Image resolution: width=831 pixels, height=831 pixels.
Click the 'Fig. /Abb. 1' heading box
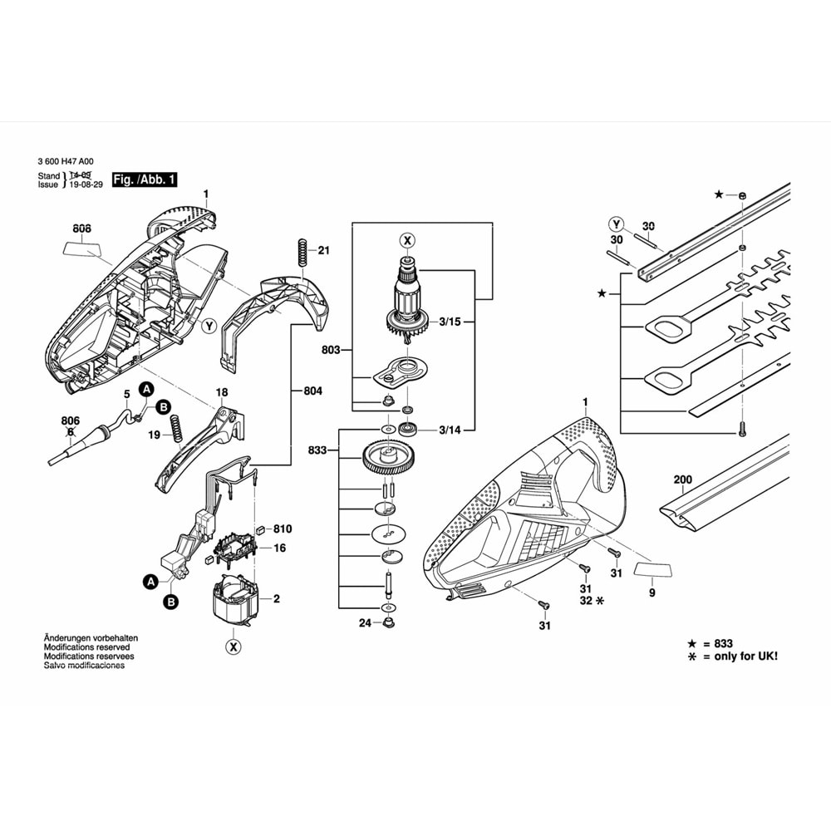coord(144,179)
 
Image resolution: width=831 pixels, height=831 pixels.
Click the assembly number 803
coord(331,352)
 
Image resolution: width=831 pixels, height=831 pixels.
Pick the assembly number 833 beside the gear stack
coord(318,450)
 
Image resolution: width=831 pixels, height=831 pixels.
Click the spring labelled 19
coord(176,430)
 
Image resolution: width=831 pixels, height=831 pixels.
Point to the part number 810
coord(283,529)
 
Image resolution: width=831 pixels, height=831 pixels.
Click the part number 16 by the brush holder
coord(280,548)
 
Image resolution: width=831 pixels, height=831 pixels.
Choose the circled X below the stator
coord(234,647)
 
